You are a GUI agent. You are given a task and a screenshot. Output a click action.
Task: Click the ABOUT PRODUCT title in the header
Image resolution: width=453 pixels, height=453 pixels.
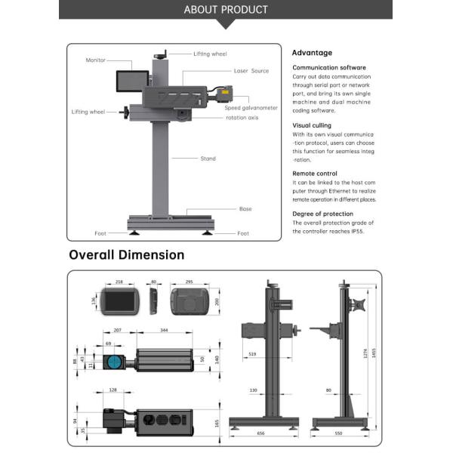tap(226, 10)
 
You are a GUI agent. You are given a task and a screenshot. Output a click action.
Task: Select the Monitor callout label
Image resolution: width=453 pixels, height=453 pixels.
tap(96, 60)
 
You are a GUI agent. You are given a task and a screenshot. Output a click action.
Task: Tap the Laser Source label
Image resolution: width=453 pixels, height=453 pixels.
tap(251, 70)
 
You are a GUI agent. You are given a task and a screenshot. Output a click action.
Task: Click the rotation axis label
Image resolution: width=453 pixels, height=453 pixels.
tap(242, 118)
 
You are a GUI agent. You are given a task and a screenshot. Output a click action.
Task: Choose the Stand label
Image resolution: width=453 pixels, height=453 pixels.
tap(208, 159)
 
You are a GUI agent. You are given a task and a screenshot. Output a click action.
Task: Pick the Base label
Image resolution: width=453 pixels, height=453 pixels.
tap(245, 208)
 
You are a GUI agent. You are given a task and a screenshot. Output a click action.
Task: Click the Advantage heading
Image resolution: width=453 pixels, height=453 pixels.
tap(312, 53)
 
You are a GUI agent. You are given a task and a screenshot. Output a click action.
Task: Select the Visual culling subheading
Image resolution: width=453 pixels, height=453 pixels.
tap(312, 125)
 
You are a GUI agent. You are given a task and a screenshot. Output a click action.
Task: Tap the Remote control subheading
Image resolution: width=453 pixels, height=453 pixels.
tap(315, 173)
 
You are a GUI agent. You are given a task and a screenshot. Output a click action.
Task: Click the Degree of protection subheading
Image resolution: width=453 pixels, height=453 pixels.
tap(322, 214)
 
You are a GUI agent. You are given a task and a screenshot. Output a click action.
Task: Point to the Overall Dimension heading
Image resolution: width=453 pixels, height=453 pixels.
tap(126, 254)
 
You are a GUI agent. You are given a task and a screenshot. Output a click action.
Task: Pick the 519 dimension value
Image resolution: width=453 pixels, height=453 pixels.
tap(251, 353)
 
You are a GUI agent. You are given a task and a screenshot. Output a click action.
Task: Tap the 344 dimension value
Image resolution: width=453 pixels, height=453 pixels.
tap(165, 331)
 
